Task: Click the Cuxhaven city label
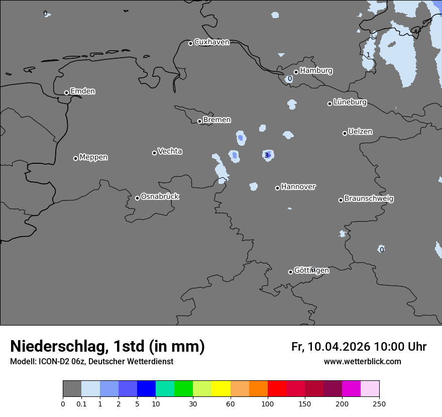[211, 42]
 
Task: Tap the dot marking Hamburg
[296, 72]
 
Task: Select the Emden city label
[82, 91]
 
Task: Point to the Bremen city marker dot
[199, 121]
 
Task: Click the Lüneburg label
[350, 102]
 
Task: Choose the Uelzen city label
[360, 132]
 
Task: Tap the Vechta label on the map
[170, 151]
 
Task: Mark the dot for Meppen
[75, 158]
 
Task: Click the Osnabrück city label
[160, 196]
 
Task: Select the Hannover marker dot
[277, 188]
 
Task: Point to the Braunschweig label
[369, 199]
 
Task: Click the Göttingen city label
[311, 271]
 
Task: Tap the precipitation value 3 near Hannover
[266, 155]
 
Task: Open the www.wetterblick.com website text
[362, 361]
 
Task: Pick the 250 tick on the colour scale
[379, 403]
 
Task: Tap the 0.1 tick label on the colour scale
[81, 403]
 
